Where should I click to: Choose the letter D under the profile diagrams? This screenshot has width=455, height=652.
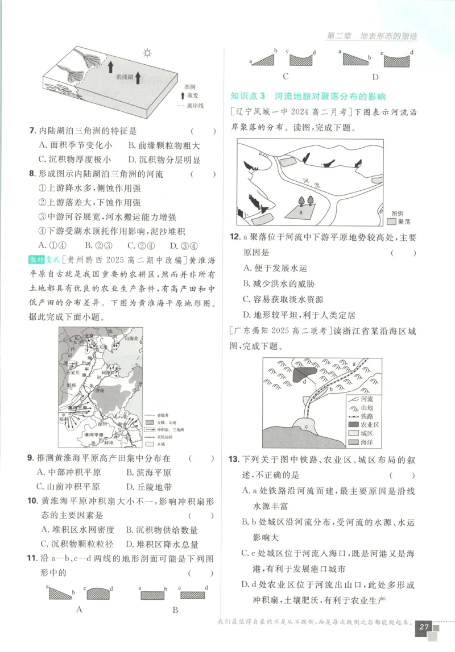point(375,77)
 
